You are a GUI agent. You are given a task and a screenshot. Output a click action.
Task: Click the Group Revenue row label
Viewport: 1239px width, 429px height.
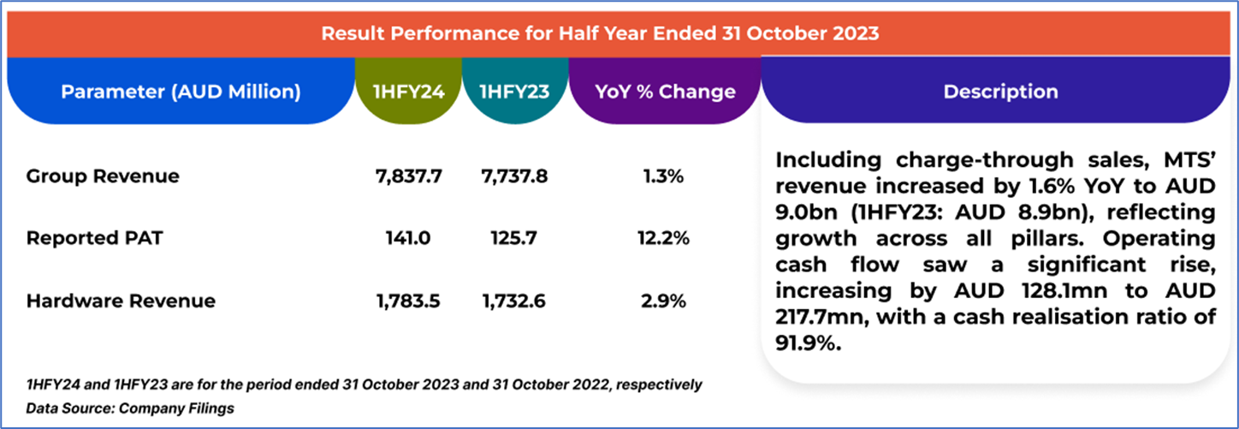103,176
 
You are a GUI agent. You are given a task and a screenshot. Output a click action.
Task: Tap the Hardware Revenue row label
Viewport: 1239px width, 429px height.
121,301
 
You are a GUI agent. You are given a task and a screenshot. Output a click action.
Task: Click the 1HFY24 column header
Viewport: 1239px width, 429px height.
407,92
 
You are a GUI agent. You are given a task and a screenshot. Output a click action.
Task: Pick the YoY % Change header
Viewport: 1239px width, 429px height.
664,92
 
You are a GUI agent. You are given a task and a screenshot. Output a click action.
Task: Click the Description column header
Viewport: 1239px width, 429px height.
1000,92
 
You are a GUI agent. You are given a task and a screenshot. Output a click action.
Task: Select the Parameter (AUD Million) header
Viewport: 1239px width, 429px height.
181,92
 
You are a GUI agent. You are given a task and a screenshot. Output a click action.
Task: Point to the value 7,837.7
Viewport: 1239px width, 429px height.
407,176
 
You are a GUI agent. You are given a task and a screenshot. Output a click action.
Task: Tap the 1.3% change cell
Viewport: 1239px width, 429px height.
664,176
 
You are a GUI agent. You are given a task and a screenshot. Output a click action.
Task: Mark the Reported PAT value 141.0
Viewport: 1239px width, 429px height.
407,239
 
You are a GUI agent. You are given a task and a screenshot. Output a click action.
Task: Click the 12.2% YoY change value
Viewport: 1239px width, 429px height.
664,239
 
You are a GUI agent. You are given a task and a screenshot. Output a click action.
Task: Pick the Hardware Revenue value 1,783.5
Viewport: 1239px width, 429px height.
407,301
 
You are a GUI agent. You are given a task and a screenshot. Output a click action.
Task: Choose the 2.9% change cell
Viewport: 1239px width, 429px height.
664,301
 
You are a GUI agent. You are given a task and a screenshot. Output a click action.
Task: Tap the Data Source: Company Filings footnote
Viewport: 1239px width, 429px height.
130,408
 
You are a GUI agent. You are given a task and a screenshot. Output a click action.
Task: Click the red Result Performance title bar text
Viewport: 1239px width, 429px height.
600,34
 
